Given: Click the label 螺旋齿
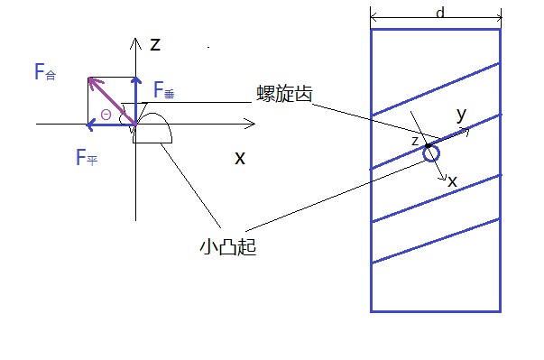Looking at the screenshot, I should (x=283, y=94).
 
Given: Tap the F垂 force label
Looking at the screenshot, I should (x=163, y=89).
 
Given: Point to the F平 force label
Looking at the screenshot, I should (x=87, y=159).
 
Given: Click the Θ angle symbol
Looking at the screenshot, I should (x=106, y=115).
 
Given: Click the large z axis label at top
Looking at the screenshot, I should (x=155, y=43).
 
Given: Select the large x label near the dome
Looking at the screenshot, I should (x=239, y=158).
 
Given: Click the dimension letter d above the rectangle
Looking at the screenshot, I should (x=439, y=13).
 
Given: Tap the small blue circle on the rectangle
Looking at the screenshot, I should (x=432, y=153).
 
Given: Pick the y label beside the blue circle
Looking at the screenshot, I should (x=460, y=114).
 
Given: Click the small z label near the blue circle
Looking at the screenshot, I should (x=415, y=142).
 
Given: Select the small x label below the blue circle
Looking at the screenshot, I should (x=452, y=181).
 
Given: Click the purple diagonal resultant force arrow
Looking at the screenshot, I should (x=111, y=101).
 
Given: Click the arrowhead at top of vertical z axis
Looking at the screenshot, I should (x=135, y=42).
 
